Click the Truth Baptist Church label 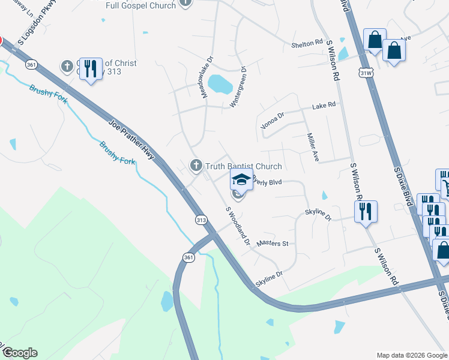click(x=243, y=166)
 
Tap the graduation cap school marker click(x=241, y=179)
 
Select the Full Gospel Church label click(x=140, y=5)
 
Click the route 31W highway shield click(x=366, y=73)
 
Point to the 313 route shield click(x=202, y=220)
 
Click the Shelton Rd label click(x=308, y=44)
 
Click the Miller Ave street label click(x=313, y=148)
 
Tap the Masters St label click(x=273, y=244)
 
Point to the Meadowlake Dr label click(x=207, y=78)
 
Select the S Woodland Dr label click(x=238, y=227)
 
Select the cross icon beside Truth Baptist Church click(x=196, y=166)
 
